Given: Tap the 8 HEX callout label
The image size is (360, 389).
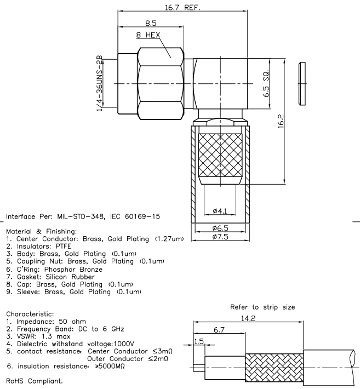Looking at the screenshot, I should (x=148, y=35).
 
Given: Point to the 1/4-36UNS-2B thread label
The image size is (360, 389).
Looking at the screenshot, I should (x=100, y=83).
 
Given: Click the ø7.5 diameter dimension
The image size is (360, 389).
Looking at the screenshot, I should (x=219, y=237).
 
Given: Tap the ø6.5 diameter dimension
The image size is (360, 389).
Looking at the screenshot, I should (x=219, y=227).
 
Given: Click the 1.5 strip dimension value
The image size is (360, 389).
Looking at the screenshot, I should (x=199, y=341).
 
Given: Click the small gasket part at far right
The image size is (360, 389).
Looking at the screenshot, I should (x=301, y=84).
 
